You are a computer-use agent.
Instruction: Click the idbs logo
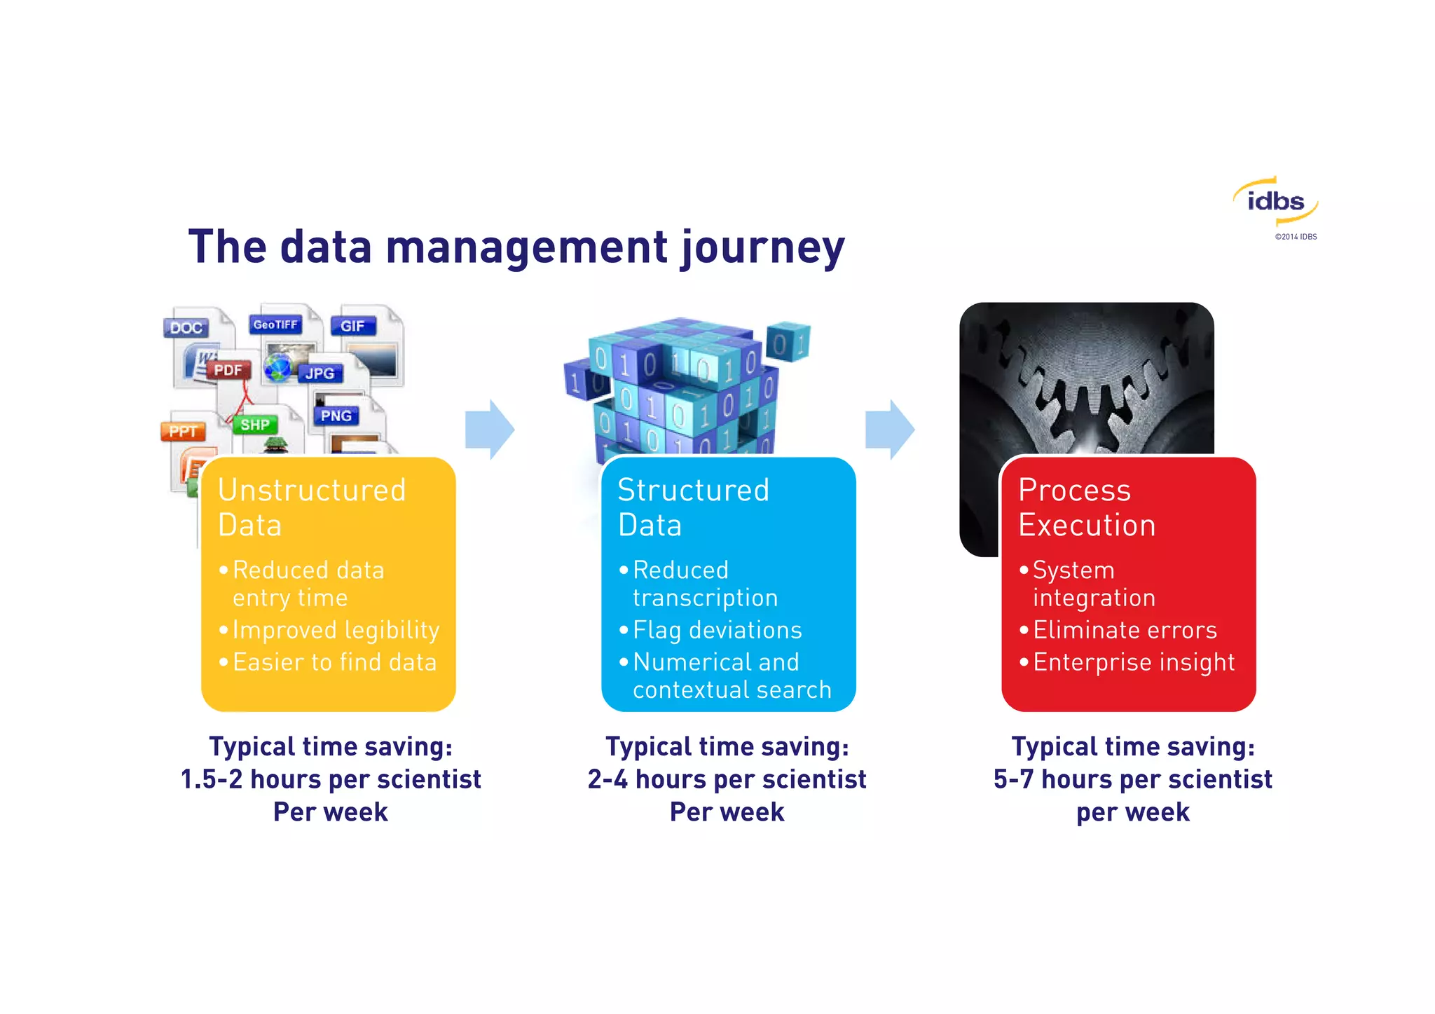click(x=1275, y=201)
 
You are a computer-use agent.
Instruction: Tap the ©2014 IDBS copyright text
click(x=1296, y=237)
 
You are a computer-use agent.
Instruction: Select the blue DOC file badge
click(x=186, y=328)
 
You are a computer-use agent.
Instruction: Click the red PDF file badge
click(x=228, y=370)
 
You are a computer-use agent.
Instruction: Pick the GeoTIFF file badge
click(x=275, y=324)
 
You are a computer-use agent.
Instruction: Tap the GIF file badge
click(x=352, y=326)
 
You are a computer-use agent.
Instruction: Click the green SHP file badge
click(x=254, y=425)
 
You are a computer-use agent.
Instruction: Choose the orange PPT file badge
click(x=183, y=432)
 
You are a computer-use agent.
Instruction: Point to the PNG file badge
click(x=336, y=416)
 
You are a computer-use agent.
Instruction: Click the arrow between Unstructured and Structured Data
click(x=490, y=430)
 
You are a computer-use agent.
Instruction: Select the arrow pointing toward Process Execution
click(x=890, y=430)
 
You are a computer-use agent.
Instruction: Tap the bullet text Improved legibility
click(x=336, y=630)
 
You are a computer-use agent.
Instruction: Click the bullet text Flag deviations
click(x=717, y=630)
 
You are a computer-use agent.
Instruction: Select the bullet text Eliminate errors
click(x=1125, y=630)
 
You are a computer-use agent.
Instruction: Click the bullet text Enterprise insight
click(x=1133, y=662)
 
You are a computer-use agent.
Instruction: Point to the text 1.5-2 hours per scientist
click(x=331, y=779)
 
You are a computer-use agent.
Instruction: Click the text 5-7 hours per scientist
click(x=1132, y=779)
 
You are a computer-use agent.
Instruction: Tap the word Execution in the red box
click(x=1087, y=526)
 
